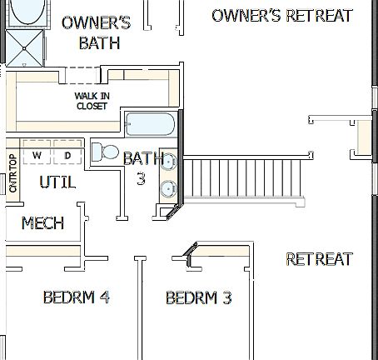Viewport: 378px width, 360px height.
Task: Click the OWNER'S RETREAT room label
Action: tap(282, 16)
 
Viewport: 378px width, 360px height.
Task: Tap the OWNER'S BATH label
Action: tap(96, 32)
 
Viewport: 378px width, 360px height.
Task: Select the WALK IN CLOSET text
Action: tap(92, 100)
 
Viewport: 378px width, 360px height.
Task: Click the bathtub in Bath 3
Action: tap(151, 126)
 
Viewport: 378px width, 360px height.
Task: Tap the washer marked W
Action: tap(37, 155)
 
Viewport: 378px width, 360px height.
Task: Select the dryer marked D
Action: tap(67, 155)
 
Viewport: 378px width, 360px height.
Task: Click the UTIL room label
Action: tap(57, 182)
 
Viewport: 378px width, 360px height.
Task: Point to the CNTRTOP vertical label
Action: tap(12, 173)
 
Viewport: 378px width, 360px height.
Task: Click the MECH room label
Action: tap(42, 223)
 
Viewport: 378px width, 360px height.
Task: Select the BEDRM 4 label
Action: tap(77, 297)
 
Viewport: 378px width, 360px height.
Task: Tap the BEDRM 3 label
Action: tap(198, 298)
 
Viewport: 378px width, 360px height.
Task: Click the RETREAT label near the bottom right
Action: tap(319, 259)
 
